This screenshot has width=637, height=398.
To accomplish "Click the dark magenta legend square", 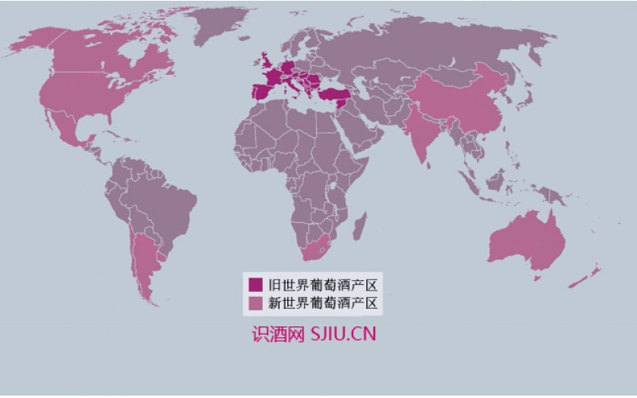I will tap(256, 284).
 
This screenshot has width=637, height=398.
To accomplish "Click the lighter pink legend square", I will tap(256, 303).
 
